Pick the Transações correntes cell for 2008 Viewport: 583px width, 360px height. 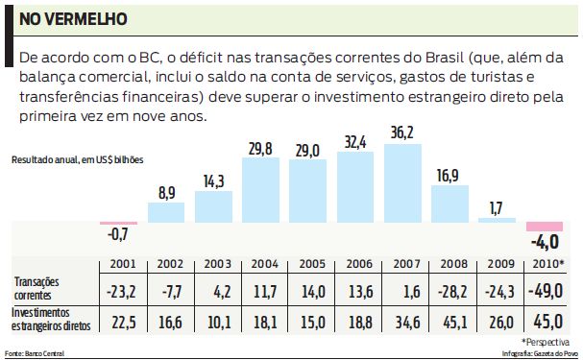click(449, 289)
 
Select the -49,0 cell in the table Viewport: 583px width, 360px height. click(548, 289)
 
